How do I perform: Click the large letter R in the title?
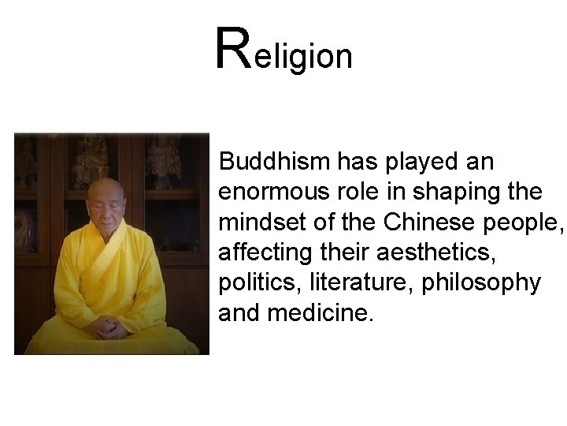point(233,49)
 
